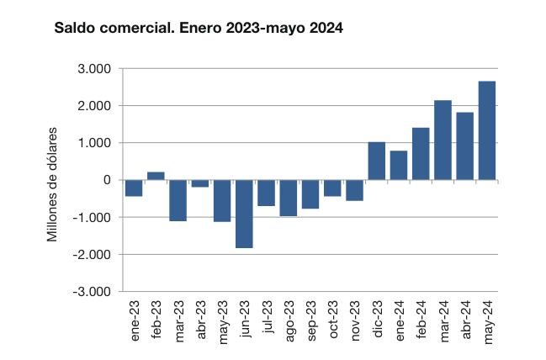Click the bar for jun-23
(x=244, y=214)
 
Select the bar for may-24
(x=487, y=130)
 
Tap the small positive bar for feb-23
(x=156, y=176)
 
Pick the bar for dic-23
(x=377, y=161)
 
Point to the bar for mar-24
(x=443, y=140)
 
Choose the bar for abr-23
(x=200, y=183)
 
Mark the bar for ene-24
(x=399, y=165)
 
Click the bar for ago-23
(x=289, y=198)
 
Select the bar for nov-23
(x=354, y=190)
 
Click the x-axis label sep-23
(x=310, y=317)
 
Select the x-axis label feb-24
(x=421, y=317)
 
